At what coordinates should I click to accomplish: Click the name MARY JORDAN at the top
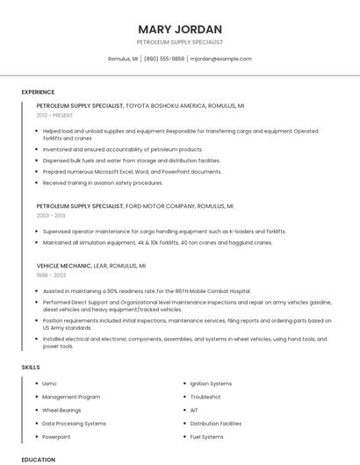click(x=179, y=28)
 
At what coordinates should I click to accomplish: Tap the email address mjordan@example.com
click(x=220, y=59)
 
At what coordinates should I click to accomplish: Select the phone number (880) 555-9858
click(x=163, y=59)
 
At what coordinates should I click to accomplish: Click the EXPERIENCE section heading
click(x=38, y=92)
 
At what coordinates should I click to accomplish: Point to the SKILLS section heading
click(x=31, y=368)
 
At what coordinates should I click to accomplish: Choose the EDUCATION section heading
click(x=38, y=459)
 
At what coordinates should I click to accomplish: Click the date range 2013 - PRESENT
click(x=54, y=115)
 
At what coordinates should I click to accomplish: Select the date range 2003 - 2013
click(x=51, y=215)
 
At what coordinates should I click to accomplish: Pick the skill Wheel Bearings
click(x=61, y=410)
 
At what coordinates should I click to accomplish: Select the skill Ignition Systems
click(x=211, y=383)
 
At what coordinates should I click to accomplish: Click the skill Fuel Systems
click(x=207, y=436)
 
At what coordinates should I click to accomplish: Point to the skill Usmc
click(x=50, y=383)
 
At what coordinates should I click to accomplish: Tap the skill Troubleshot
click(x=205, y=397)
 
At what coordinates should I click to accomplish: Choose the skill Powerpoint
click(x=56, y=436)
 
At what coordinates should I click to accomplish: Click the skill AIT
click(x=194, y=410)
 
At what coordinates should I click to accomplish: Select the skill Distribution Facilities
click(x=215, y=423)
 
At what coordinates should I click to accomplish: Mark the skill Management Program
click(x=71, y=397)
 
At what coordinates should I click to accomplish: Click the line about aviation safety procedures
click(x=103, y=182)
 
